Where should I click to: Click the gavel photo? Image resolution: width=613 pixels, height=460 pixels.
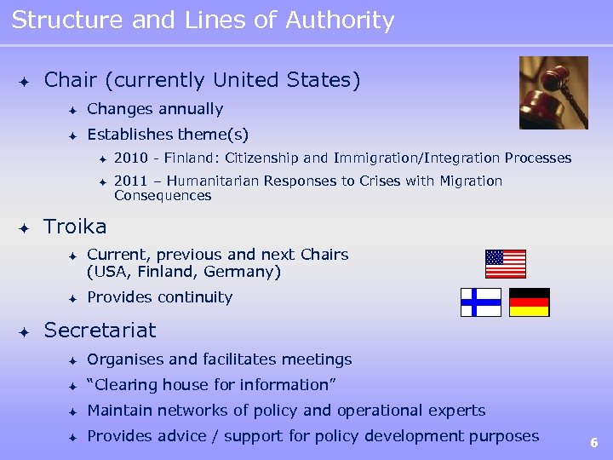tap(553, 92)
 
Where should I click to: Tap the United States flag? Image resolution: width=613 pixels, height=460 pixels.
tap(506, 264)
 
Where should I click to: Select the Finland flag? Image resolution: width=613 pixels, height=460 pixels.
tap(481, 302)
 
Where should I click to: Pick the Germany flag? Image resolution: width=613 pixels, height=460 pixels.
tap(530, 302)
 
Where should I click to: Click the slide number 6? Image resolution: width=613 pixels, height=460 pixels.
tap(594, 442)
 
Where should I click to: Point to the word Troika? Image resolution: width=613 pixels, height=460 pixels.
tap(75, 227)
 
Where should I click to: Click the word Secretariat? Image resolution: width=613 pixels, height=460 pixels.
tap(100, 330)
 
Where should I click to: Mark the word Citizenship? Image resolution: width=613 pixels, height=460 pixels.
tap(254, 158)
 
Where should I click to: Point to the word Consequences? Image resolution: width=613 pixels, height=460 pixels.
tap(163, 196)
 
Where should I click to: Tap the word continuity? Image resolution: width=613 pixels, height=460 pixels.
tap(193, 297)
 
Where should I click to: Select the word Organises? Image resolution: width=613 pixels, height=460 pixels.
tap(123, 359)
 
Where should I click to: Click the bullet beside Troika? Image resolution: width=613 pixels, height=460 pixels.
tap(25, 227)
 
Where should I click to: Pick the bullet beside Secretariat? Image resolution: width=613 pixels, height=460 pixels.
tap(25, 331)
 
